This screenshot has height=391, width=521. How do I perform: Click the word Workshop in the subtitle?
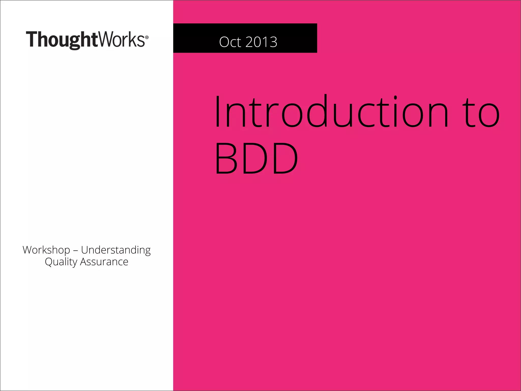(x=46, y=250)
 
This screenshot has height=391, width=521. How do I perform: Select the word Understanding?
(x=116, y=250)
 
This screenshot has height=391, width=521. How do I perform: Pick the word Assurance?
(x=104, y=262)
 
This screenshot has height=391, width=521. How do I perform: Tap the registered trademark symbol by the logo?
(x=147, y=37)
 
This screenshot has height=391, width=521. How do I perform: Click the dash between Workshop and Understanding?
(x=76, y=250)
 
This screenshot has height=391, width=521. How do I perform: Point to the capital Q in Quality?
(x=49, y=262)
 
